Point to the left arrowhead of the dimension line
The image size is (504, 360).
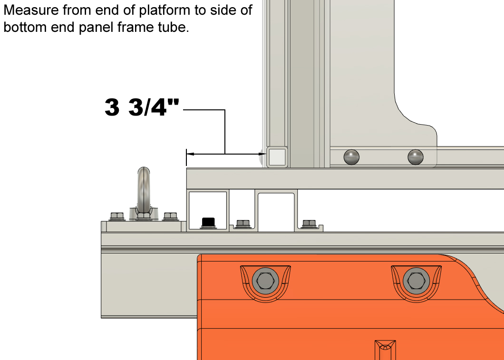[190, 154]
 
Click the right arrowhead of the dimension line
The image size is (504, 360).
[260, 154]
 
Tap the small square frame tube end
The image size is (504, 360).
[277, 156]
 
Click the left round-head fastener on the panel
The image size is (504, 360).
[351, 156]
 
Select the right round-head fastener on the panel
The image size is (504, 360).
[416, 156]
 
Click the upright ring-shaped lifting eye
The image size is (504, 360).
[143, 188]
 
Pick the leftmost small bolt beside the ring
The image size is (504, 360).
[116, 217]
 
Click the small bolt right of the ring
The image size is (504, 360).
[170, 217]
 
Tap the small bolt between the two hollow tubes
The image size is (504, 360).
[242, 224]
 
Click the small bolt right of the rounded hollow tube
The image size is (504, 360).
[309, 224]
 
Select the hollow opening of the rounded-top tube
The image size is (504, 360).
[277, 211]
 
